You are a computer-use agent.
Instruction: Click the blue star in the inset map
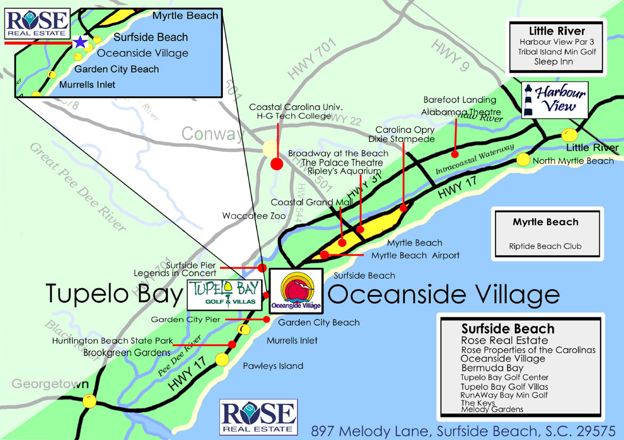[x=80, y=42]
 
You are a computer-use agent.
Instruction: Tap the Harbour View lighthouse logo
[x=554, y=99]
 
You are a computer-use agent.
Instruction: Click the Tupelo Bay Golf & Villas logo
[x=225, y=293]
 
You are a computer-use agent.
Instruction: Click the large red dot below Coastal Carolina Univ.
[x=276, y=164]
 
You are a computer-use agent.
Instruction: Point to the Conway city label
[x=212, y=133]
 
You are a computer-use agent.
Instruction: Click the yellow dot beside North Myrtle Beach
[x=523, y=159]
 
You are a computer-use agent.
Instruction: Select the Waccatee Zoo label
[x=254, y=216]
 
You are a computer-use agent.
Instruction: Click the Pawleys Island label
[x=273, y=366]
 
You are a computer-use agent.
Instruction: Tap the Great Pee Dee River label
[x=77, y=187]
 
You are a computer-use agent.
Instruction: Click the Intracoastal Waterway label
[x=475, y=159]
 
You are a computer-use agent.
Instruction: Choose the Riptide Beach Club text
[x=545, y=246]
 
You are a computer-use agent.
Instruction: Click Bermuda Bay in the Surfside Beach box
[x=492, y=368]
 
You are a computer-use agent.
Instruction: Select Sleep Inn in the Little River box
[x=554, y=61]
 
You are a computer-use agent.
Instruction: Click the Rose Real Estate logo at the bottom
[x=258, y=417]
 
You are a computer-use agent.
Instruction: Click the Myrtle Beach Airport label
[x=415, y=255]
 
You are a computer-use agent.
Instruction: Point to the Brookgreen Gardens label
[x=127, y=353]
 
